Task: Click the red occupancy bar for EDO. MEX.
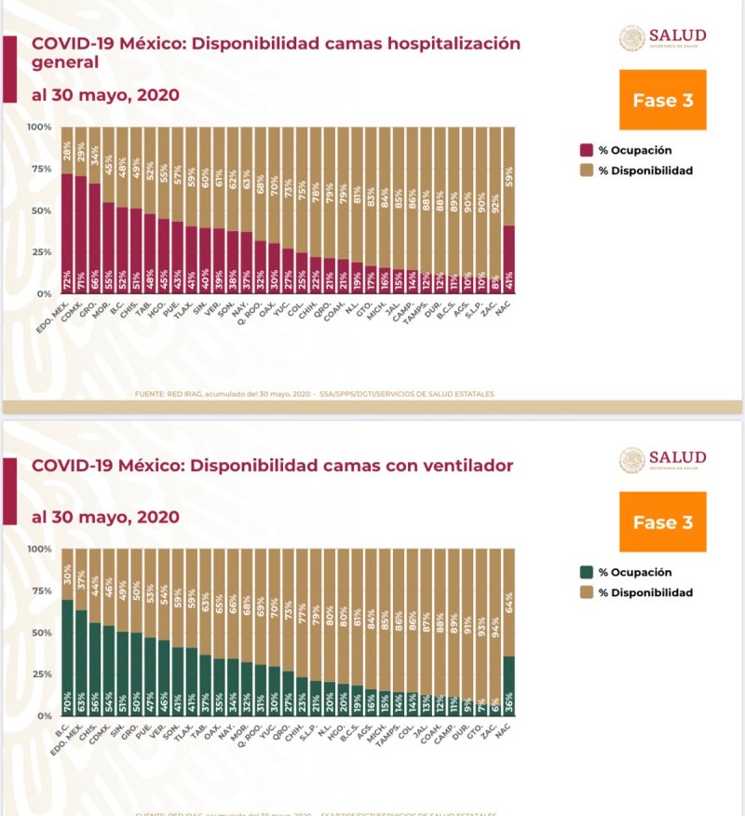[x=67, y=233]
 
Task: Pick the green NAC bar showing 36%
[x=508, y=686]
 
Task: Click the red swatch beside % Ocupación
[x=587, y=150]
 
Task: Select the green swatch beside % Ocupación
[x=587, y=572]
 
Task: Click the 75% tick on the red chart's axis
[x=39, y=169]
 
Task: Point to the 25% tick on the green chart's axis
[x=39, y=674]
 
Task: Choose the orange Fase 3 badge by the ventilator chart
[x=662, y=523]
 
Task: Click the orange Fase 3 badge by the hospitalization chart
[x=662, y=101]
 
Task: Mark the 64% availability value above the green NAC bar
[x=508, y=598]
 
